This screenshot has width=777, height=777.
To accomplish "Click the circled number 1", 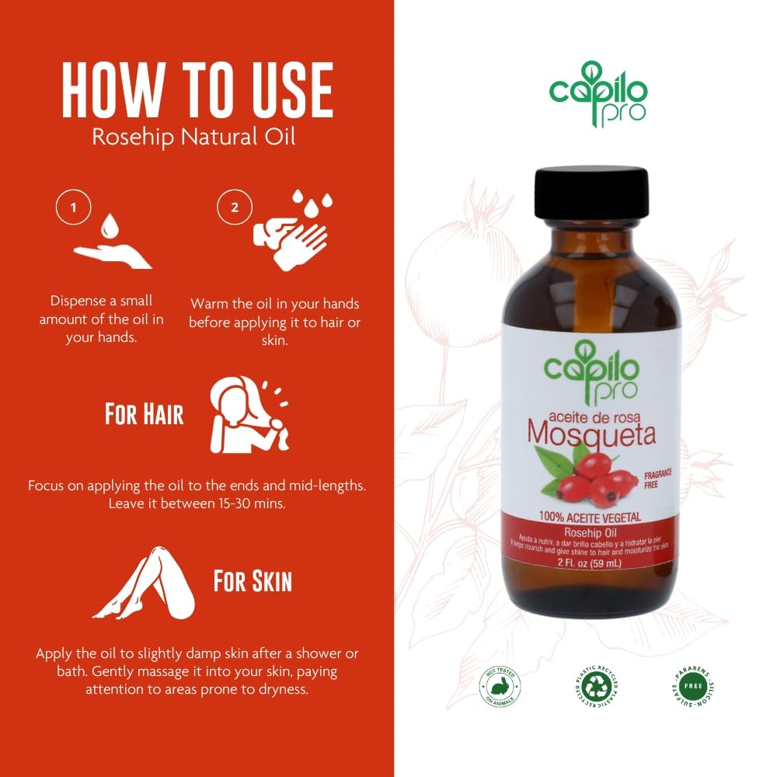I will coord(74,207).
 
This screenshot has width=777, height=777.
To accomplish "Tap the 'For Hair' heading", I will coord(145,414).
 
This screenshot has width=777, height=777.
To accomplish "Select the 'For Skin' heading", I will coord(253,580).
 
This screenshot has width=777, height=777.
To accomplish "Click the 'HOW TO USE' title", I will coord(197,91).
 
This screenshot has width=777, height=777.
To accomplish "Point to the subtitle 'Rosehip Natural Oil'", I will coord(193,138).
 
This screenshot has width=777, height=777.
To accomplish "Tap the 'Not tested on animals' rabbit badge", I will coord(503,686).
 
